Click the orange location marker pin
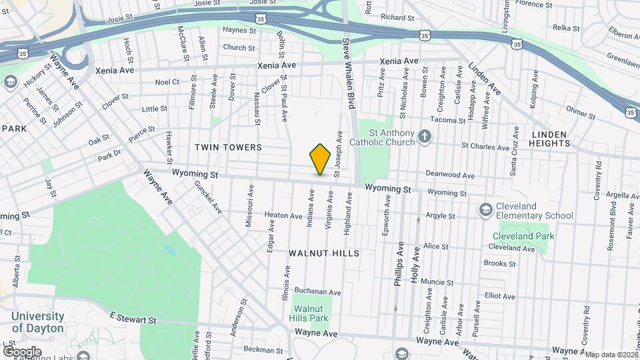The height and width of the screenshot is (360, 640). (321, 159)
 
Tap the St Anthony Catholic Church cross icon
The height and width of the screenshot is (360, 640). (424, 138)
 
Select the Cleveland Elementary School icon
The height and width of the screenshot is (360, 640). (486, 211)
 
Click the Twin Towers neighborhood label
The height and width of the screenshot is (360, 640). (228, 147)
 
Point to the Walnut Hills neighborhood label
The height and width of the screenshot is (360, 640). (324, 253)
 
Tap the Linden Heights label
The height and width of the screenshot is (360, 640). (551, 139)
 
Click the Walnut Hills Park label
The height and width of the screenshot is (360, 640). (311, 314)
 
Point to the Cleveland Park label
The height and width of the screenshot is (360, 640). (523, 236)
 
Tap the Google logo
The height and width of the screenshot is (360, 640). (22, 351)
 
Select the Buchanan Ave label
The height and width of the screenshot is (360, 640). (318, 292)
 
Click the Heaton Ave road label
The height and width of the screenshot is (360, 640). (283, 215)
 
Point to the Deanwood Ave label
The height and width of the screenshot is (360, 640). (450, 176)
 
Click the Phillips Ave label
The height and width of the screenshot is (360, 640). (399, 269)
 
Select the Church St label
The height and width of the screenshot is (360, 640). (239, 48)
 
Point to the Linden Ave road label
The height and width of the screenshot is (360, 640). (485, 79)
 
